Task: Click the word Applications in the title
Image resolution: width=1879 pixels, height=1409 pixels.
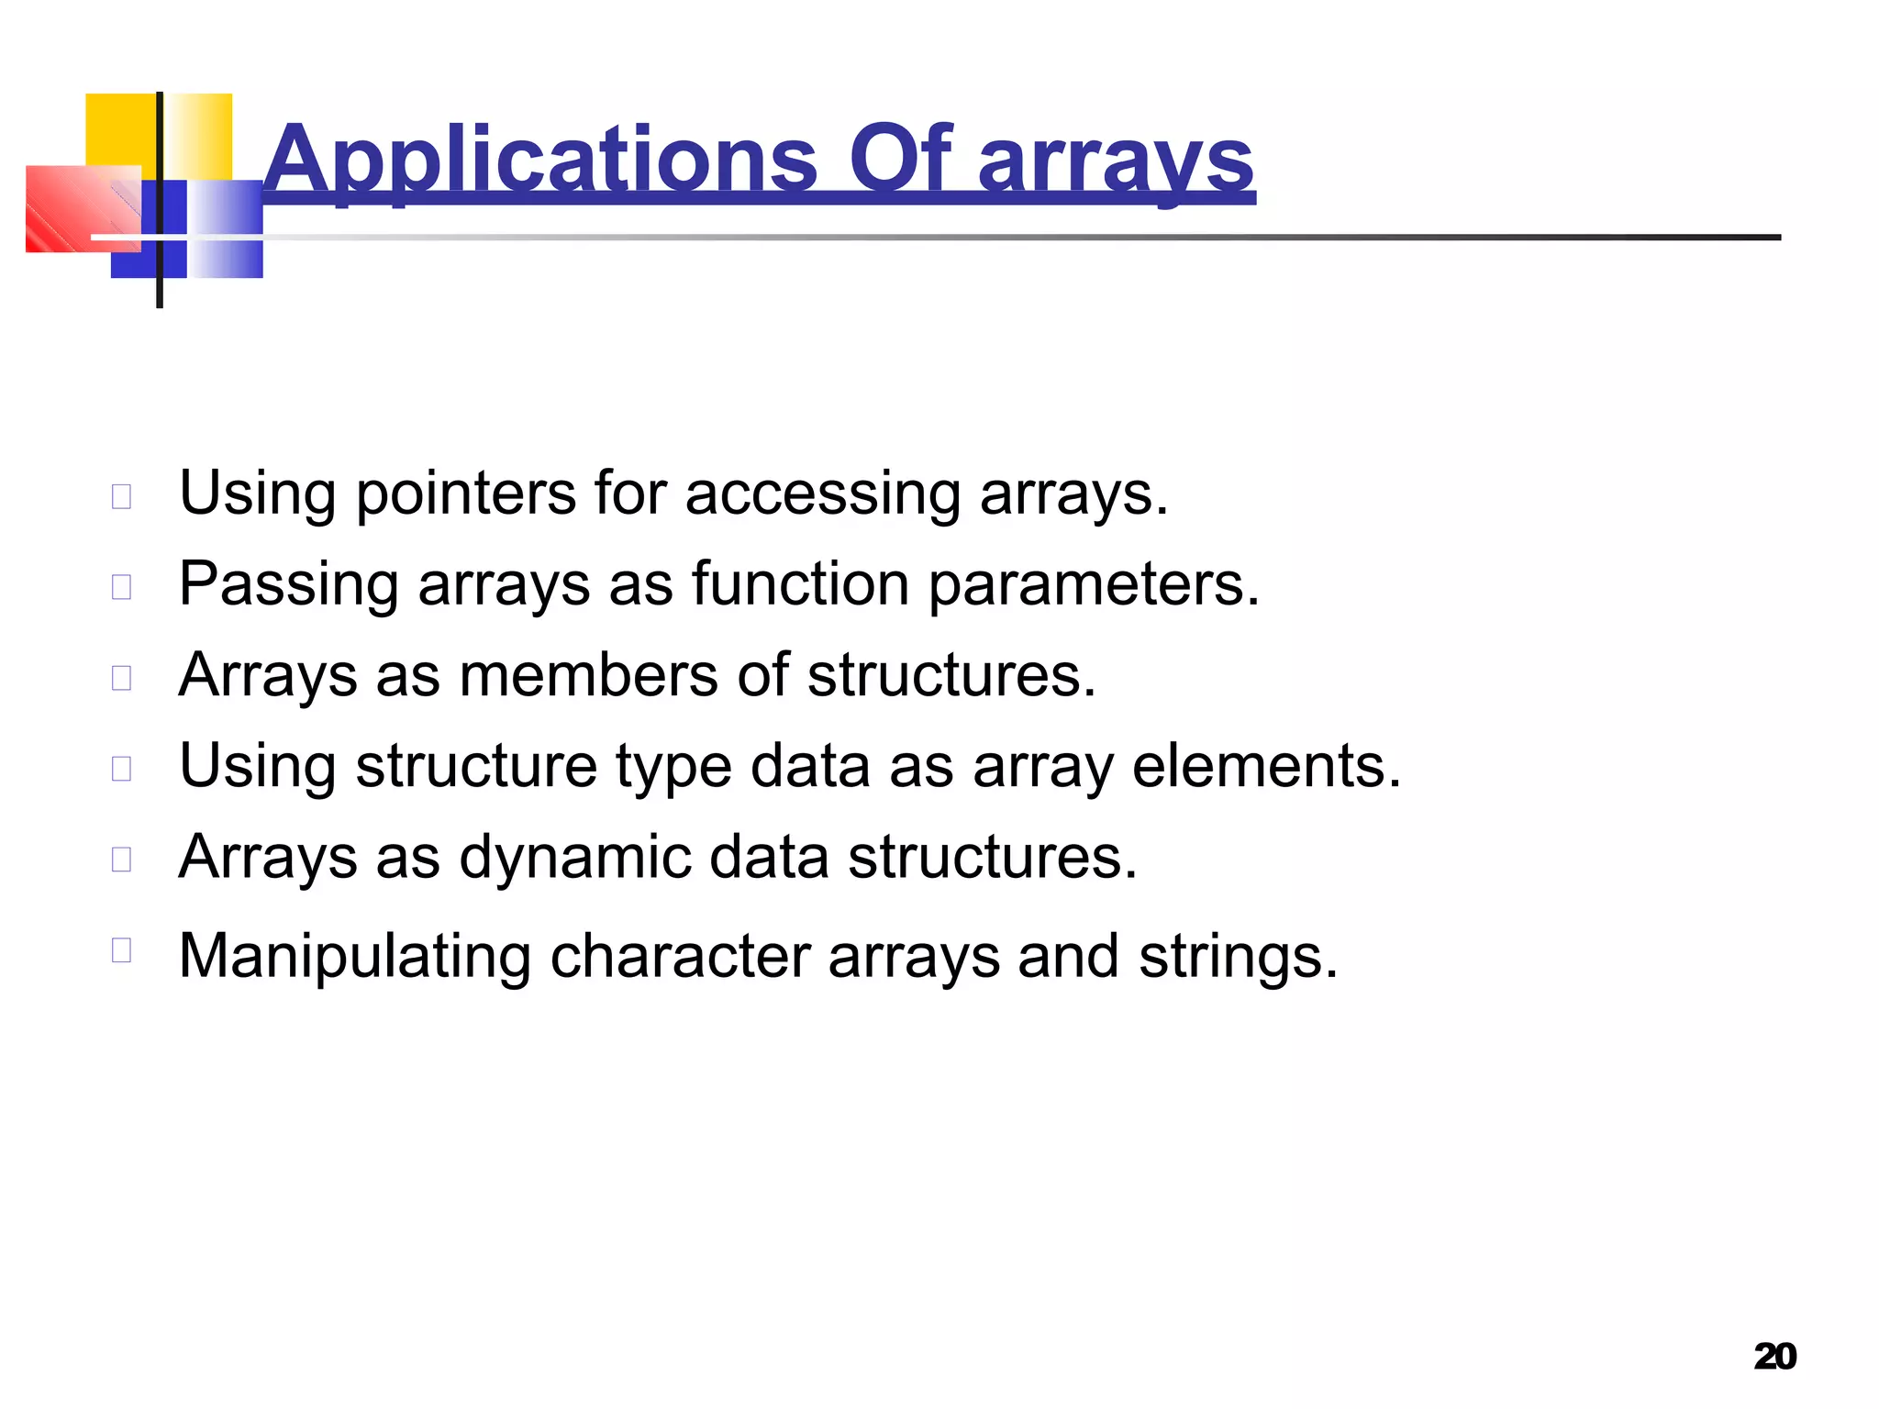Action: tap(539, 160)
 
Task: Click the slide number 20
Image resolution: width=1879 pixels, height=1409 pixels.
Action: tap(1774, 1356)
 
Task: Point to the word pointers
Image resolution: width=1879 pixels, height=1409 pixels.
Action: tap(465, 495)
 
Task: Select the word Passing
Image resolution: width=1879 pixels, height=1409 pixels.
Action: tap(288, 585)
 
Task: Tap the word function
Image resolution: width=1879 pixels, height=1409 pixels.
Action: tap(800, 583)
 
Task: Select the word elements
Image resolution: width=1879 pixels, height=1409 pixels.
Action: tap(1266, 765)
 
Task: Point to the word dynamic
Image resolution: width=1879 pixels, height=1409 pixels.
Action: tap(575, 857)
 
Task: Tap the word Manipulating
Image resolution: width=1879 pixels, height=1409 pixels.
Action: tap(354, 957)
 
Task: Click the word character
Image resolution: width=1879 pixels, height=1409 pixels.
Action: tap(680, 957)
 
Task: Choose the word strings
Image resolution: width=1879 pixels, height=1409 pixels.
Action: tap(1238, 957)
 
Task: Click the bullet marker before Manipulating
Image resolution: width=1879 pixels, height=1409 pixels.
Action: tap(122, 949)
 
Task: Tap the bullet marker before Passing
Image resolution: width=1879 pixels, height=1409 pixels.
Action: tap(122, 586)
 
